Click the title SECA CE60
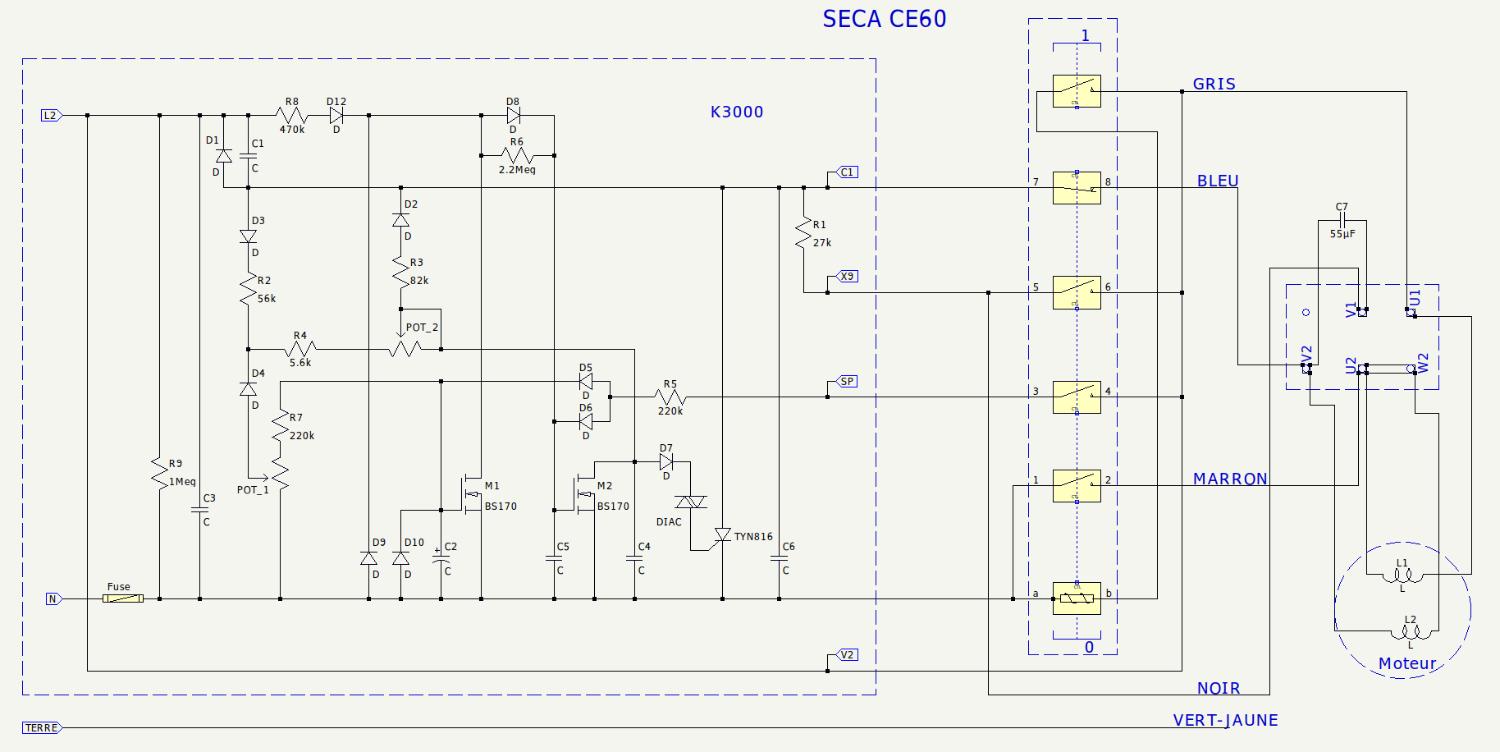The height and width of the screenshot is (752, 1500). [x=884, y=19]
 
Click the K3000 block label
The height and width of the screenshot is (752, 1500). [x=736, y=112]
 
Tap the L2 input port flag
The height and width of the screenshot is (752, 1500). [x=51, y=116]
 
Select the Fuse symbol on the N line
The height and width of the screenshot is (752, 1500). [x=123, y=598]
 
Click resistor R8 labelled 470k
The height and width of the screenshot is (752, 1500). [x=292, y=116]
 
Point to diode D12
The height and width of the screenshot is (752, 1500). [x=336, y=116]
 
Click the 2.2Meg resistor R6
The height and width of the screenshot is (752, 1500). [x=517, y=155]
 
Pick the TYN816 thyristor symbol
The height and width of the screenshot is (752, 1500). [x=723, y=535]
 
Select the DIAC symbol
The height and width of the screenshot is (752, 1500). [x=690, y=502]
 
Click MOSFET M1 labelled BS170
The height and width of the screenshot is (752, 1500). [x=473, y=493]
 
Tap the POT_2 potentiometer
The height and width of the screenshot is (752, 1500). [x=406, y=348]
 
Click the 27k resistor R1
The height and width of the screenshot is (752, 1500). [x=803, y=233]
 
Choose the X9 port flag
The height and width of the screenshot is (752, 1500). [x=848, y=277]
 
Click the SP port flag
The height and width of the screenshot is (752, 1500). [x=848, y=382]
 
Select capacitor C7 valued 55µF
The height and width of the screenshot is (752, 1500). [x=1342, y=220]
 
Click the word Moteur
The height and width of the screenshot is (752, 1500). [x=1406, y=663]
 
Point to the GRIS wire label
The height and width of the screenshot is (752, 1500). [x=1214, y=84]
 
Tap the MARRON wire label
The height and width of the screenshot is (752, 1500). [x=1229, y=479]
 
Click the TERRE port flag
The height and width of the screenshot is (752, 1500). [x=42, y=728]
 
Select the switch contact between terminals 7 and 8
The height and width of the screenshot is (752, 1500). [x=1077, y=188]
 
